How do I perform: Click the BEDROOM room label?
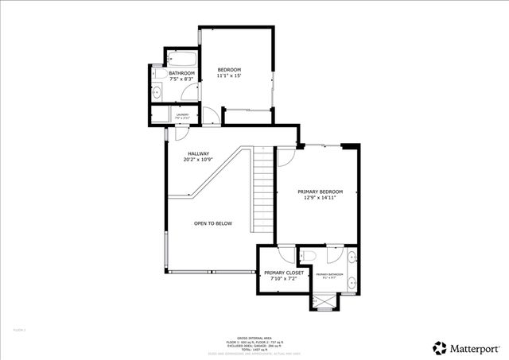pyautogui.click(x=229, y=71)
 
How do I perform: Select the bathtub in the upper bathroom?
pyautogui.click(x=181, y=59)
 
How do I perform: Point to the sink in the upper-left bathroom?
pyautogui.click(x=156, y=93)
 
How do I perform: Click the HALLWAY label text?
pyautogui.click(x=198, y=153)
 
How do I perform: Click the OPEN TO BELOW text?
pyautogui.click(x=213, y=223)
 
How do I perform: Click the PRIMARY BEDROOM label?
pyautogui.click(x=321, y=191)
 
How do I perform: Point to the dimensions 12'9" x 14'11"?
pyautogui.click(x=321, y=198)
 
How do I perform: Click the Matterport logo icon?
pyautogui.click(x=439, y=347)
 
